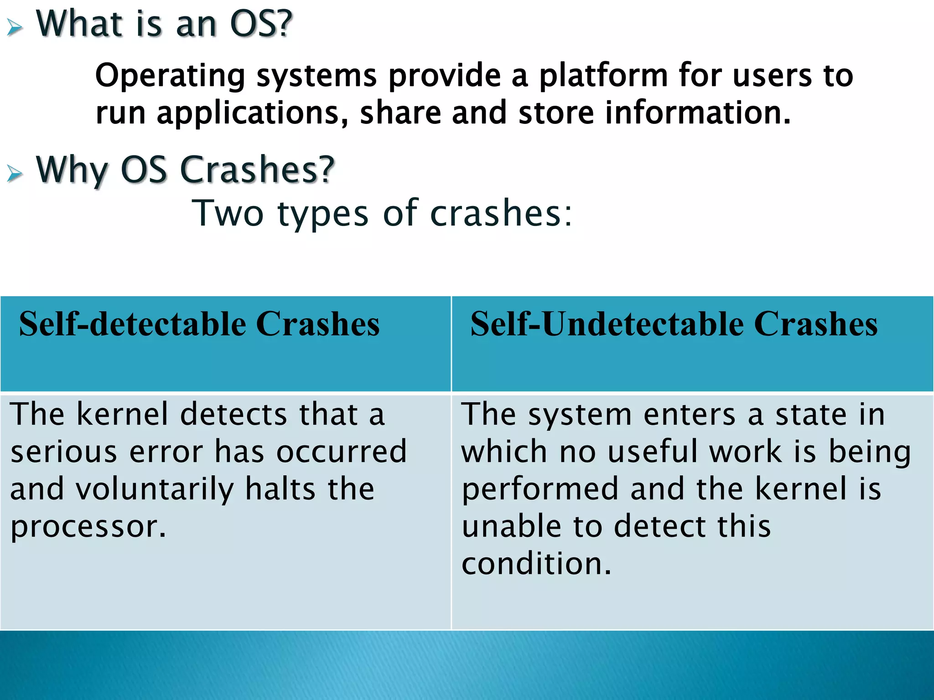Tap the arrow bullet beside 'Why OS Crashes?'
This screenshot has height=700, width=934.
point(15,173)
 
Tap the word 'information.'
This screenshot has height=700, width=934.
point(698,113)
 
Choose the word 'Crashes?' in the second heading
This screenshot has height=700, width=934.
point(258,170)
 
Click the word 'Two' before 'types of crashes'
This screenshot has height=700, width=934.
point(228,213)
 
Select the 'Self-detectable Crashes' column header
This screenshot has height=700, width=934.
point(199,324)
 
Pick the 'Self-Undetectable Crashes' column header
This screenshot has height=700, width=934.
point(674,324)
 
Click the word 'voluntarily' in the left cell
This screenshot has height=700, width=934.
point(155,489)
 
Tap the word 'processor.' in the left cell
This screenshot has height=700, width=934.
point(88,527)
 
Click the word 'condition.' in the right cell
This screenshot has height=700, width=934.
point(536,564)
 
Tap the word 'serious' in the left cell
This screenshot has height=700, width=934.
point(64,452)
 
